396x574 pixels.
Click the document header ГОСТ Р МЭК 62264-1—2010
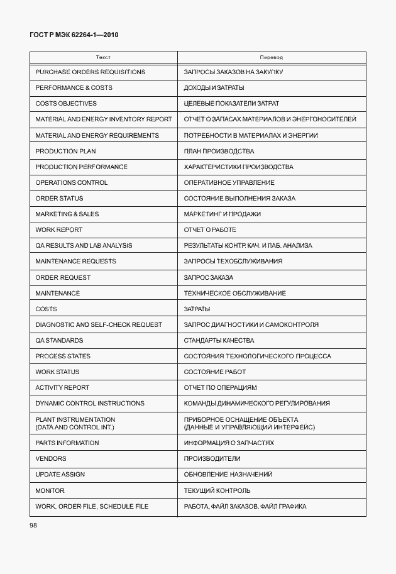point(74,35)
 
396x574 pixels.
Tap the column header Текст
point(104,57)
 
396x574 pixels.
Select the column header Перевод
point(272,57)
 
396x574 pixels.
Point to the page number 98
point(33,525)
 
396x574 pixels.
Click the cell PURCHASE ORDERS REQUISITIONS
point(90,72)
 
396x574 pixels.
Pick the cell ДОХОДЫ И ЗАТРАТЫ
point(214,88)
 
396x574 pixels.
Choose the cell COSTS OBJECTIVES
point(66,104)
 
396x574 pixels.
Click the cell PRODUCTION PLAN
point(65,152)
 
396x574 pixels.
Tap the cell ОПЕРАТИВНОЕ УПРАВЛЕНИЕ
point(229,183)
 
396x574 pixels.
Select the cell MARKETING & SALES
point(67,214)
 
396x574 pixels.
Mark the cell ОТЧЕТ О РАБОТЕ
point(210,230)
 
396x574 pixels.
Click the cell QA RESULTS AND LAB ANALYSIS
point(84,246)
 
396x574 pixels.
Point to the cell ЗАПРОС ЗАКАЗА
point(208,278)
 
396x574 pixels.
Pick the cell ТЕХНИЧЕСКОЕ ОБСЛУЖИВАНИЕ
point(234,294)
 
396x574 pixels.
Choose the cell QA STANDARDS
point(59,341)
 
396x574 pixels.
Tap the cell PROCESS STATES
point(63,356)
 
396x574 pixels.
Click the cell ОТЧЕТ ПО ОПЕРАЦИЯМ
point(220,388)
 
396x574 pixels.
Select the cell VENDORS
point(51,459)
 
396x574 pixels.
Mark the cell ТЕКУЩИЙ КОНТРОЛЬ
point(217,491)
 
